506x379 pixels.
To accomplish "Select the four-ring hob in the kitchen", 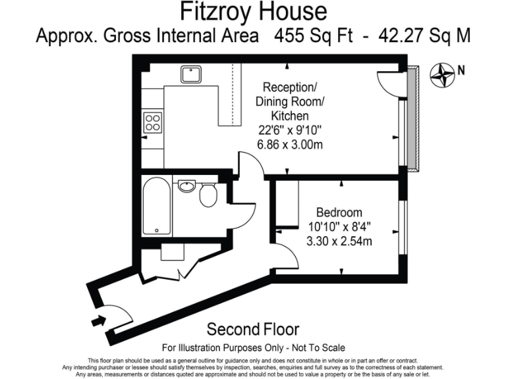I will (153, 122).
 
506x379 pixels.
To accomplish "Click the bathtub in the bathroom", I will (156, 205).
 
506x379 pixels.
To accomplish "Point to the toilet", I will (209, 195).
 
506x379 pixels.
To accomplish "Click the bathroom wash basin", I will (186, 187).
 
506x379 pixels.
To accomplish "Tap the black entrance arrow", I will (99, 321).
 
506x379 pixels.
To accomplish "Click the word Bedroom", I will (339, 213).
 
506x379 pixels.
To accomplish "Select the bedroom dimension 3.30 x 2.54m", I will (339, 241).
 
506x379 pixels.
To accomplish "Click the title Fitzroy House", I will (253, 11).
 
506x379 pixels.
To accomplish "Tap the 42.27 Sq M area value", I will (425, 35).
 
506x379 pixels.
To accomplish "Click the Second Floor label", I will (253, 329).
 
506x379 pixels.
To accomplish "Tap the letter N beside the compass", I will (461, 69).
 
